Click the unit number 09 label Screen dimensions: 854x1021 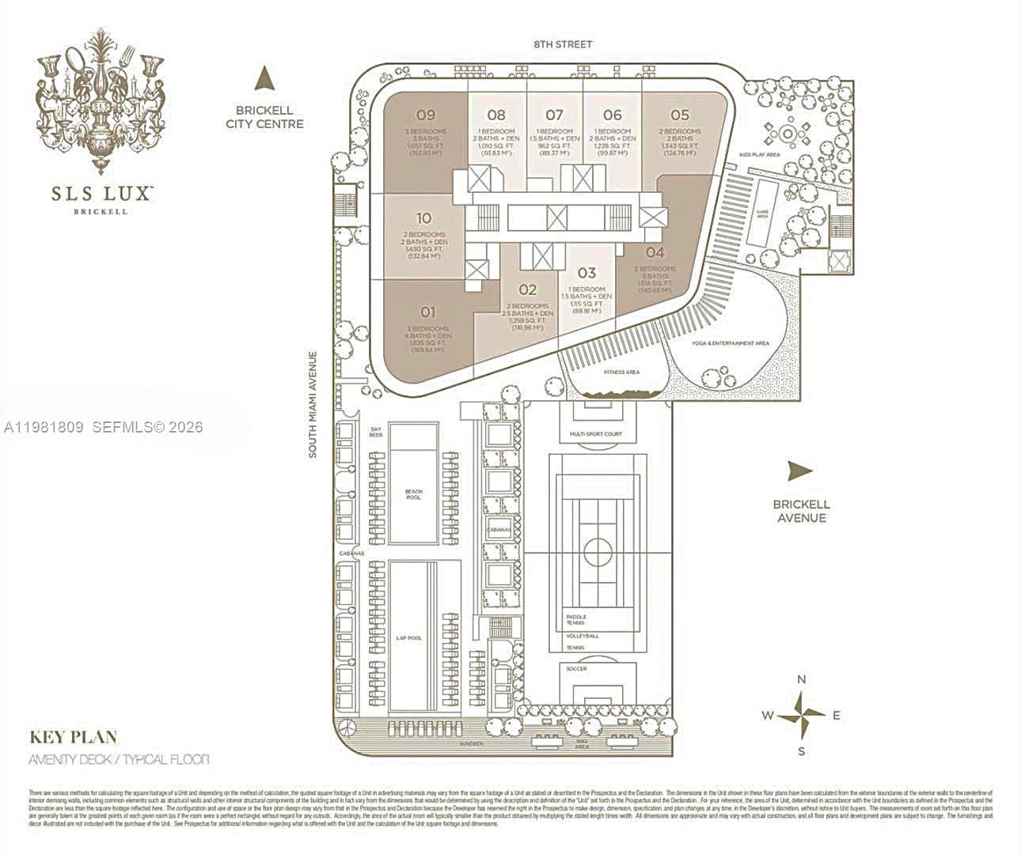425,115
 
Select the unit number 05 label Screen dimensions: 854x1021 680,115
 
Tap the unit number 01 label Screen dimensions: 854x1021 427,312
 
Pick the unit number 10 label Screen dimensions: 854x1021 423,219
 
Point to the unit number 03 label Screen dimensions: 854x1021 586,274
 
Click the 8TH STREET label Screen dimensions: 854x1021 562,45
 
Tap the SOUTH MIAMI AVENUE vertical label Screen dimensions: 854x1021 313,404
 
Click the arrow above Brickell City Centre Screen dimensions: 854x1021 264,79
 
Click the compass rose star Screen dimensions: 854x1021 802,715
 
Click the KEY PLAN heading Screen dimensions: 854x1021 74,737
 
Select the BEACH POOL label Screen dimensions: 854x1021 413,495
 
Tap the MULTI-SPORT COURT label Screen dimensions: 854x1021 596,434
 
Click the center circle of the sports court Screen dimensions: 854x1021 596,548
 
